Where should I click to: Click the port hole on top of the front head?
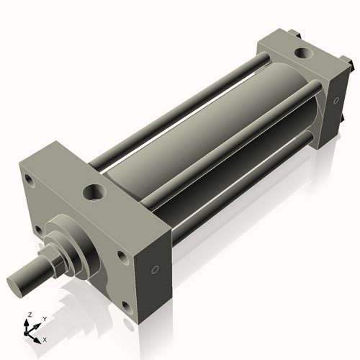(94, 192)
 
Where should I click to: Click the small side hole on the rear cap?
(335, 100)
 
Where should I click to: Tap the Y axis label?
(45, 318)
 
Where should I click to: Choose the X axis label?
(45, 338)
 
